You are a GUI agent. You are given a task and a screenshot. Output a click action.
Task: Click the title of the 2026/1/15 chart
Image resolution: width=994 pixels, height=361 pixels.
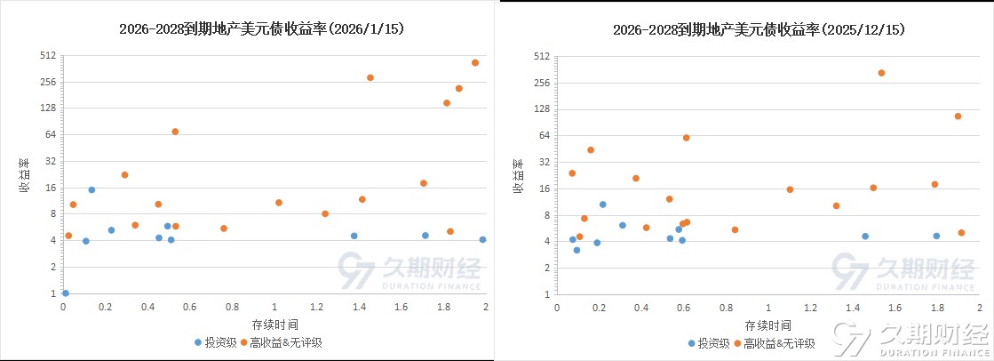pos(262,29)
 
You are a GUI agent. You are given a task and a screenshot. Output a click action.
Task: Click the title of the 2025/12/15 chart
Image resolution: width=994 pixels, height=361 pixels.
pos(759,29)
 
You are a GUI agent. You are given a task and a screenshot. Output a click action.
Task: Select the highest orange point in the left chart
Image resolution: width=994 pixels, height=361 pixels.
pos(475,62)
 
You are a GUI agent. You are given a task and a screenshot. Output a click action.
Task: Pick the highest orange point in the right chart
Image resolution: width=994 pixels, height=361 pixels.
pos(881,73)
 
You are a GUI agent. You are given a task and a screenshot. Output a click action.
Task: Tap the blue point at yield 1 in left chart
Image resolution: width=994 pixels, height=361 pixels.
pos(66,293)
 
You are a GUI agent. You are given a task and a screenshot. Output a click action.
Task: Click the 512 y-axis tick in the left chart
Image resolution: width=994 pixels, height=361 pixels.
pos(47,55)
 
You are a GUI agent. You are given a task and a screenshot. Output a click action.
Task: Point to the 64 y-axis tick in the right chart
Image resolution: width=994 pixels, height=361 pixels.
pos(543,135)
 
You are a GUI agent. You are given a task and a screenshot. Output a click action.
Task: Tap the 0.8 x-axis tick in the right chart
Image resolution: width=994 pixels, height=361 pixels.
pos(727,308)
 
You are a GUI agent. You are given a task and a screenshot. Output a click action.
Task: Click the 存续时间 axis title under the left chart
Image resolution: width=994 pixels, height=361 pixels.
pos(274,324)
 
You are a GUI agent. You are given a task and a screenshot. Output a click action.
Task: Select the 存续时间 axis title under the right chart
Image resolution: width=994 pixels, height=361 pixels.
pos(768,325)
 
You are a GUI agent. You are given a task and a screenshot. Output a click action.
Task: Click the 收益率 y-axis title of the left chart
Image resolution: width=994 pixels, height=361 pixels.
pos(27,174)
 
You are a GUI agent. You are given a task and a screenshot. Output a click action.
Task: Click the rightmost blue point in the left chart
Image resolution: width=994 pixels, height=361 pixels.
pos(482,239)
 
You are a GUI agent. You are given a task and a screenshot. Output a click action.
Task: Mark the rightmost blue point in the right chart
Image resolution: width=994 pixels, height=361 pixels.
pos(936,236)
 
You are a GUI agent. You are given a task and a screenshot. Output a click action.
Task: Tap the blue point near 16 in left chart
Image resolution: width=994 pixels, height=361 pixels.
pos(91,189)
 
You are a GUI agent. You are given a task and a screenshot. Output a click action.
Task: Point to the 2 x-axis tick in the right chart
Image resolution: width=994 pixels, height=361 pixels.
pos(980,308)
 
